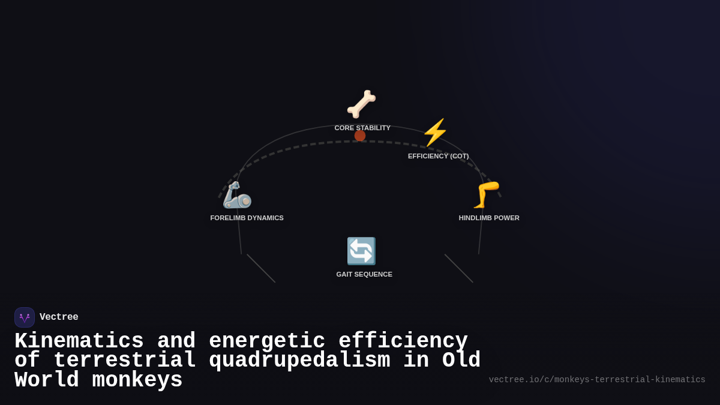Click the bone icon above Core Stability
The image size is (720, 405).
pyautogui.click(x=361, y=104)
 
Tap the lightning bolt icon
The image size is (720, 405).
pyautogui.click(x=435, y=133)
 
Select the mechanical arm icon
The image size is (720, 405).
pyautogui.click(x=237, y=195)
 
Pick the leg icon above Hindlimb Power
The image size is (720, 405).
pyautogui.click(x=487, y=195)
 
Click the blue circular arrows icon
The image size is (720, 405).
pyautogui.click(x=361, y=251)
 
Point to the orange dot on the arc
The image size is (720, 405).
pyautogui.click(x=360, y=136)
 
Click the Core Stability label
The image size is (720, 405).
pyautogui.click(x=362, y=128)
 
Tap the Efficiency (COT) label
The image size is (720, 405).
pyautogui.click(x=438, y=156)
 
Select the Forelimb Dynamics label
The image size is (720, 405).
pyautogui.click(x=247, y=218)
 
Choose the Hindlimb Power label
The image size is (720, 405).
pyautogui.click(x=489, y=218)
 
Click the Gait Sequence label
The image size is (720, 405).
pyautogui.click(x=364, y=274)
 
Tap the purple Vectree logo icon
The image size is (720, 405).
pyautogui.click(x=25, y=317)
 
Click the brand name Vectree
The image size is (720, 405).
pyautogui.click(x=59, y=317)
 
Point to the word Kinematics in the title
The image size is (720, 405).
pyautogui.click(x=79, y=341)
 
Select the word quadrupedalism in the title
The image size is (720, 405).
pyautogui.click(x=299, y=361)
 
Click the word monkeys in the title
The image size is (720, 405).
pyautogui.click(x=137, y=380)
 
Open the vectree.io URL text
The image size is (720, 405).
pyautogui.click(x=597, y=380)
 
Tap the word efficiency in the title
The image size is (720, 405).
pyautogui.click(x=403, y=341)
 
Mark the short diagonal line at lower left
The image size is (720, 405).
pyautogui.click(x=261, y=268)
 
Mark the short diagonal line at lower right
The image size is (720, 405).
pyautogui.click(x=459, y=268)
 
